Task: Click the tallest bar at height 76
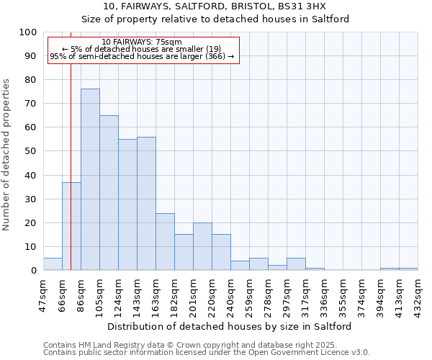tap(90, 179)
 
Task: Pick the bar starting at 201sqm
tap(202, 246)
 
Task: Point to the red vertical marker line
tap(71, 144)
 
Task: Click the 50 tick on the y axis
tap(30, 151)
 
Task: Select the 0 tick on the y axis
tap(33, 270)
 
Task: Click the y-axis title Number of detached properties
tap(7, 155)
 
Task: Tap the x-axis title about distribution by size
tap(230, 326)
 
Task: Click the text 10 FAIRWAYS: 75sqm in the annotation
tap(142, 42)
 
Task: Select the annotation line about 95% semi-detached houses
tap(142, 56)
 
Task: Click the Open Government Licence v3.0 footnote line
tap(207, 352)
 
